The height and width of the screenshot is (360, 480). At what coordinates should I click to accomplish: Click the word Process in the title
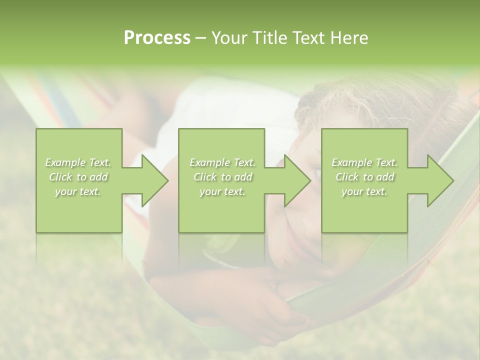coord(157,38)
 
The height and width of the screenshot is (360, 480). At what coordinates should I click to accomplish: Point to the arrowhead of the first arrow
coord(154,180)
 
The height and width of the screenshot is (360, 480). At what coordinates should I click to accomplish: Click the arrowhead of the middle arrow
coord(297,180)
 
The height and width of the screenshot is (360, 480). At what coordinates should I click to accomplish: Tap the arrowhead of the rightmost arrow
coord(440,180)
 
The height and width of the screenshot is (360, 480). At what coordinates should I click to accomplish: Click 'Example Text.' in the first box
coord(78,162)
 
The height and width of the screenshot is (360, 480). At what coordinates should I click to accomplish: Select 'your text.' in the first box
coord(78,191)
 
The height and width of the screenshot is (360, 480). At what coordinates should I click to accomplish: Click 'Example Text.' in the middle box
coord(222,162)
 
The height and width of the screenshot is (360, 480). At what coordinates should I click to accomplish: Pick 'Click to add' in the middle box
coord(222,177)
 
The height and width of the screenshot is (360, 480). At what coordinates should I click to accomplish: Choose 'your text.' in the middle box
coord(222,191)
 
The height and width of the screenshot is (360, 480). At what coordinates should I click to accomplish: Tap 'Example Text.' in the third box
coord(364,162)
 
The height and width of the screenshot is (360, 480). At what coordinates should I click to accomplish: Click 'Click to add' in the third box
coord(364,177)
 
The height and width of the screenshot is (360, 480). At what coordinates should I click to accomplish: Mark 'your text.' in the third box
coord(364,191)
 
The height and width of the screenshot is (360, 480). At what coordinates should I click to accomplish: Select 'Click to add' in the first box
coord(78,177)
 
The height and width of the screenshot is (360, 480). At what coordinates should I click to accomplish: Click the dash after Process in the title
coord(200,38)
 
